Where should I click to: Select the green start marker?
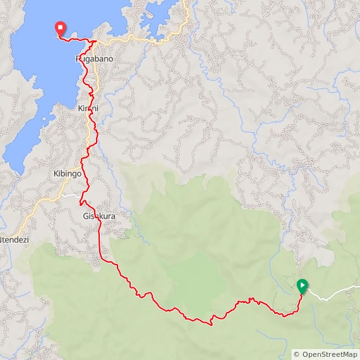coord(303,286)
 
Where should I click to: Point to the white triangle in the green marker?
coord(303,285)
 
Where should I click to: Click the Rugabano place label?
coord(94,59)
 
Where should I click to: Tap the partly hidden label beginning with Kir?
coord(88,109)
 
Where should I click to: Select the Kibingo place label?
coord(68,173)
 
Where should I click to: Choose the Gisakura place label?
coord(100,217)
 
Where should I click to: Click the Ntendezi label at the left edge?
coord(15,240)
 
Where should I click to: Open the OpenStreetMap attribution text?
coord(326,354)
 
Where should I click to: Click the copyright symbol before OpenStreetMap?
coord(297,354)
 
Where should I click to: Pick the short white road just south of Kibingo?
coord(71,195)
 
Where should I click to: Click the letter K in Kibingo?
coord(56,173)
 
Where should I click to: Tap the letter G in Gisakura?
coord(85,217)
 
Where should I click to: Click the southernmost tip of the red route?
coord(210,324)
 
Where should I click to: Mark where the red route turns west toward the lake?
coord(93,42)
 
